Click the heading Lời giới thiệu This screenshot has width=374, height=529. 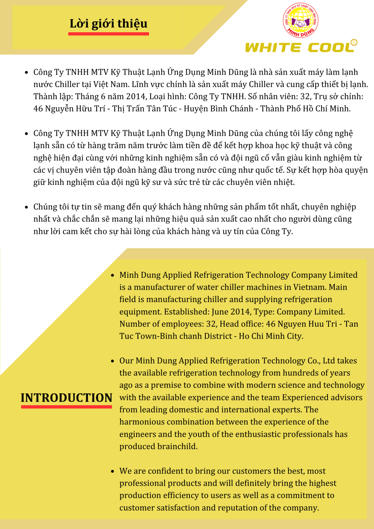click(x=108, y=23)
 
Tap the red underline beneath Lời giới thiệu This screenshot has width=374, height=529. click(x=108, y=34)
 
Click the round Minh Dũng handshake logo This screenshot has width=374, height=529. click(x=300, y=21)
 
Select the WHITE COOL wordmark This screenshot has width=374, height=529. click(x=299, y=47)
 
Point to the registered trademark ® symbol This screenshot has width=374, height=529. click(x=354, y=42)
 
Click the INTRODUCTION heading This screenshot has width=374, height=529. click(x=66, y=398)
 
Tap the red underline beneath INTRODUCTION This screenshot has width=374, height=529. click(x=66, y=407)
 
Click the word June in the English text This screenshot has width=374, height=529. click(x=220, y=312)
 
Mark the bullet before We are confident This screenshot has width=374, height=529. click(x=112, y=471)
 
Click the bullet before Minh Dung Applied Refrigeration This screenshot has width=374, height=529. click(x=112, y=275)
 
